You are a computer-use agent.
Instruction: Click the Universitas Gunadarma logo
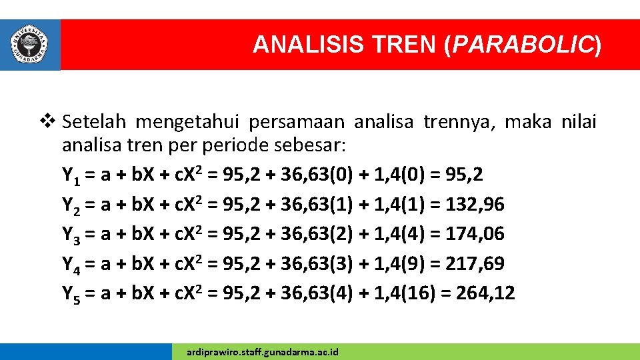pos(30,44)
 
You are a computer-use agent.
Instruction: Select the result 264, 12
pos(485,293)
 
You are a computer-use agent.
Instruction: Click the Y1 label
pos(71,175)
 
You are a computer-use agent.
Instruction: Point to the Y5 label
pos(71,293)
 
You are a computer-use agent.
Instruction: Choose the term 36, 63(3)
pos(308,263)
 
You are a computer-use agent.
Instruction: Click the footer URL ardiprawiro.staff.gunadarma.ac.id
pos(263,351)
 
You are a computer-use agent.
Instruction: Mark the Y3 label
pos(71,234)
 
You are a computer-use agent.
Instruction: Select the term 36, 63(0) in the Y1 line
pos(308,175)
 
